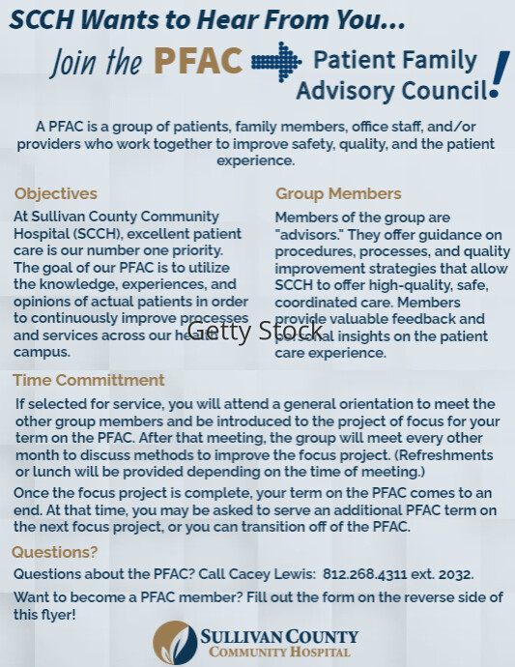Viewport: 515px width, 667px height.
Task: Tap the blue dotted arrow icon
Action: pos(276,61)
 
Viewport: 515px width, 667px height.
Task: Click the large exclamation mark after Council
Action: pos(499,75)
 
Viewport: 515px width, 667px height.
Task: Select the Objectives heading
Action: pos(56,193)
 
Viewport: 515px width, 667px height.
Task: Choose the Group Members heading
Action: pos(338,193)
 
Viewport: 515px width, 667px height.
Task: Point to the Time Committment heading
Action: pos(88,380)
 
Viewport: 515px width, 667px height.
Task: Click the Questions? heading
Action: pos(55,552)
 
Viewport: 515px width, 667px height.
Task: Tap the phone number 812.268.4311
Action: pos(358,574)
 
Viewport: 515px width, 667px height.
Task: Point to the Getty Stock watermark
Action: pos(242,332)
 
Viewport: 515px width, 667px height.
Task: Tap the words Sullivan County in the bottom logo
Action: pos(279,637)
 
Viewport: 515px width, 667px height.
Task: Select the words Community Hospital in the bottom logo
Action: pos(279,652)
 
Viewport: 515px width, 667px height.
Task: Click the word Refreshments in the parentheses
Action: pos(445,454)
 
